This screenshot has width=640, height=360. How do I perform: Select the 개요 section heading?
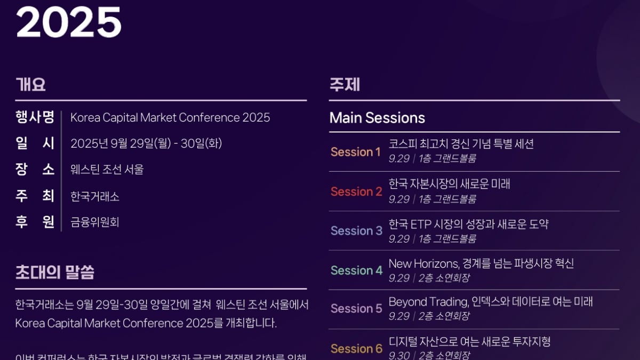pyautogui.click(x=30, y=85)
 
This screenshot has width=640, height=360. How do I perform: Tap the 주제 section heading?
pyautogui.click(x=345, y=85)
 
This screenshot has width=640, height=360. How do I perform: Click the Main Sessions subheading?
pyautogui.click(x=377, y=118)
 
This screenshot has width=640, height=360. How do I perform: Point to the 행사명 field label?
pyautogui.click(x=35, y=117)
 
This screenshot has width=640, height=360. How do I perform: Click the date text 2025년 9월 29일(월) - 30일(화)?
pyautogui.click(x=146, y=143)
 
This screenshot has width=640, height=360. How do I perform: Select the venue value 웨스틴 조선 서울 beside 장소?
pyautogui.click(x=107, y=170)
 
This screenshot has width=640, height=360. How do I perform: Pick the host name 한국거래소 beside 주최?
pyautogui.click(x=95, y=196)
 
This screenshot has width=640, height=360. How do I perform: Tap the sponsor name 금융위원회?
pyautogui.click(x=95, y=222)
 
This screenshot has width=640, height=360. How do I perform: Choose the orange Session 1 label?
pyautogui.click(x=356, y=152)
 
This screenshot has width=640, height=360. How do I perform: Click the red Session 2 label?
pyautogui.click(x=356, y=191)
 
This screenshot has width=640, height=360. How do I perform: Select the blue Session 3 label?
pyautogui.click(x=356, y=231)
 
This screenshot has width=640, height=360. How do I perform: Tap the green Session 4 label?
pyautogui.click(x=356, y=270)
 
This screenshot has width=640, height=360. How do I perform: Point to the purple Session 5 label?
pyautogui.click(x=356, y=309)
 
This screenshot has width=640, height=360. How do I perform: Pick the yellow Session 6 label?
pyautogui.click(x=356, y=349)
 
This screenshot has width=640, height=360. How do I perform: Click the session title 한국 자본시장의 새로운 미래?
pyautogui.click(x=449, y=184)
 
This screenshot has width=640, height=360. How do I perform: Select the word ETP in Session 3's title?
pyautogui.click(x=422, y=224)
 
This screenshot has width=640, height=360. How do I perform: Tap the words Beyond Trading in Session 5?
pyautogui.click(x=428, y=302)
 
